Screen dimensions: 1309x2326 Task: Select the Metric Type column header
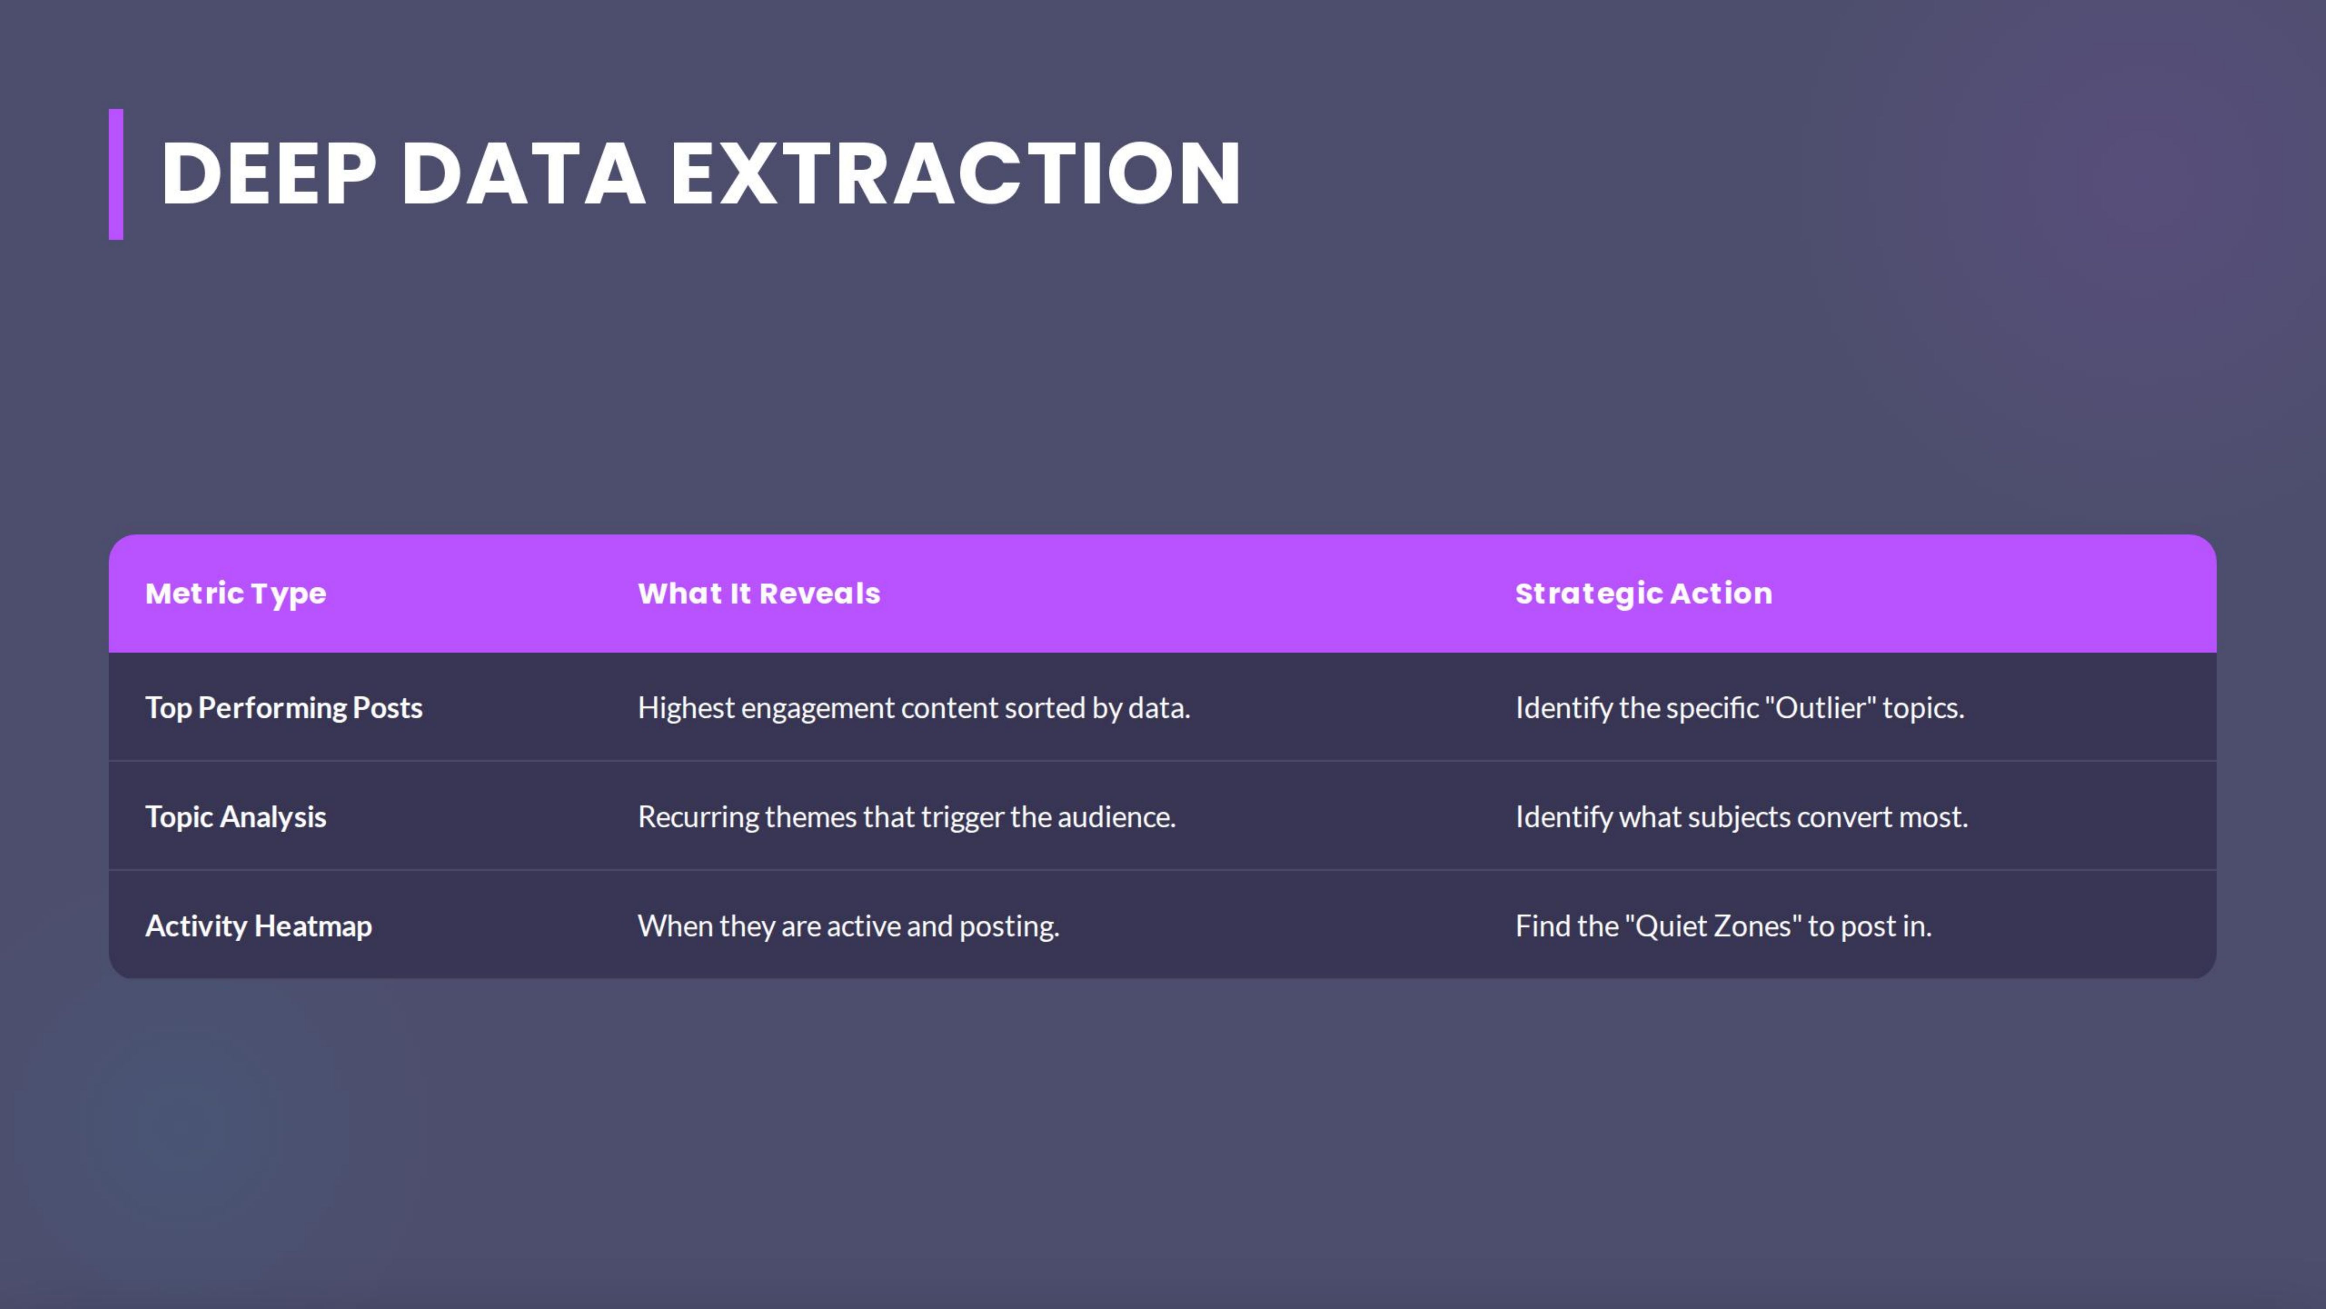[x=235, y=593]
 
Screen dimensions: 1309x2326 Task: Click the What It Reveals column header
[x=758, y=593]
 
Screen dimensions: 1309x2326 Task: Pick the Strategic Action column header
[x=1644, y=593]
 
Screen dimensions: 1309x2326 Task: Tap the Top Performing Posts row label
[x=283, y=707]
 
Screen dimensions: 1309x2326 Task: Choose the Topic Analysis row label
[x=235, y=817]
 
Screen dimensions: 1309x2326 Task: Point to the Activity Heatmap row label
[x=258, y=926]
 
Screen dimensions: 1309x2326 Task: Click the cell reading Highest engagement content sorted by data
[x=914, y=707]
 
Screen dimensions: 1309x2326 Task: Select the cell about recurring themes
[x=907, y=817]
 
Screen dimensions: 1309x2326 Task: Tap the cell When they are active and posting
[x=848, y=926]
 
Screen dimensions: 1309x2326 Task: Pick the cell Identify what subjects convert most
[x=1741, y=817]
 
